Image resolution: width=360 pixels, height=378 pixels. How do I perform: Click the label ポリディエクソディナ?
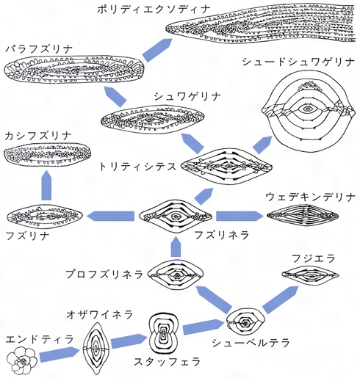[x=154, y=10]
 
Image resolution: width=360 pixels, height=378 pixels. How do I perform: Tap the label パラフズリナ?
[x=39, y=48]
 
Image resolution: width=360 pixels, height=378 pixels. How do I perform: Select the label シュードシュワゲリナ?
[x=298, y=62]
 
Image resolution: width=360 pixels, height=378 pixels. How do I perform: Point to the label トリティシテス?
[x=137, y=167]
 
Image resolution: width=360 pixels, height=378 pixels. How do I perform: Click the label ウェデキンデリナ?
[x=310, y=197]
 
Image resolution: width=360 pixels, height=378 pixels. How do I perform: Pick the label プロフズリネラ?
[x=104, y=274]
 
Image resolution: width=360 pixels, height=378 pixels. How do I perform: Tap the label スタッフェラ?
[x=168, y=362]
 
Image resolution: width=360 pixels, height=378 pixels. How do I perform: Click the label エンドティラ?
[x=40, y=340]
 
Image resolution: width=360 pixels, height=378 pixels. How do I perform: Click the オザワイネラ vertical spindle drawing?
[x=96, y=348]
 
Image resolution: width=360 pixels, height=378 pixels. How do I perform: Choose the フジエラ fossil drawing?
[x=310, y=275]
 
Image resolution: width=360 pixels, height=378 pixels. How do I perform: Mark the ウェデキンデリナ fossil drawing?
[x=303, y=216]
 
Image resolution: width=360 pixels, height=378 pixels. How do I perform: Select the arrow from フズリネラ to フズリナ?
[x=111, y=217]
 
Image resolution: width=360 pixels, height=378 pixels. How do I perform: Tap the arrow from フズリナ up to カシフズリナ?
[x=46, y=186]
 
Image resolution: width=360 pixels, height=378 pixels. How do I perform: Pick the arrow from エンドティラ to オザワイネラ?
[x=60, y=354]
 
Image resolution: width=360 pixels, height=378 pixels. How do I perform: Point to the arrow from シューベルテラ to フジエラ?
[x=281, y=299]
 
